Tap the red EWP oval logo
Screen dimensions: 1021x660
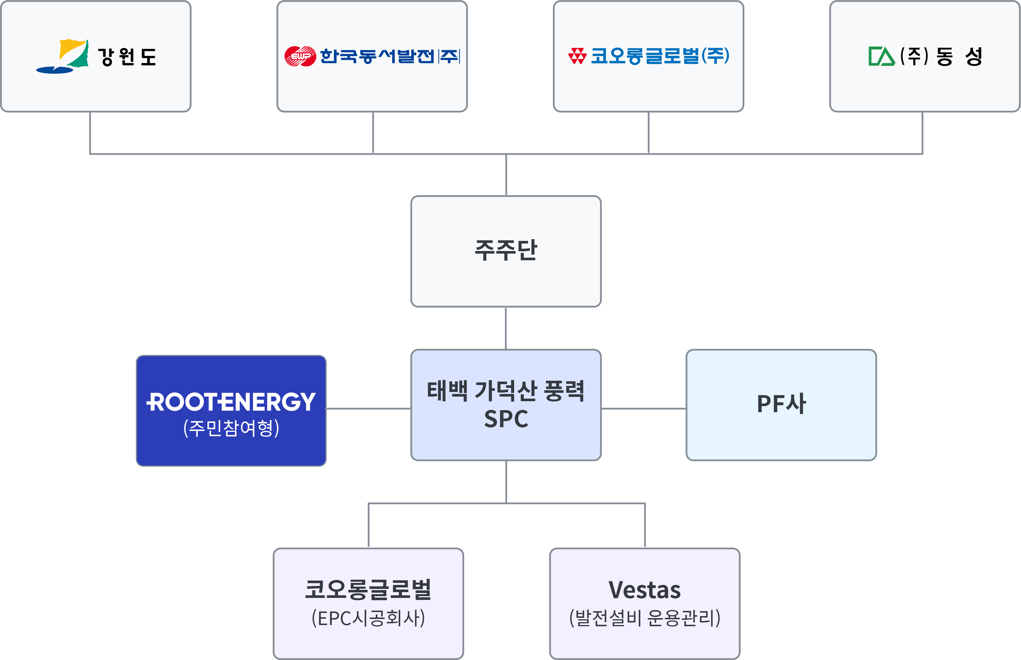pos(300,56)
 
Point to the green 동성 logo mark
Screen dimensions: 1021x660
pos(882,56)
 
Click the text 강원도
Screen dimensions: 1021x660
pos(127,57)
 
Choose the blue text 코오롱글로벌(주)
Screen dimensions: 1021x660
pos(660,56)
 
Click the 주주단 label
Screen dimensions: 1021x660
pos(506,250)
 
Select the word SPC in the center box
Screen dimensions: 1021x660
pos(506,419)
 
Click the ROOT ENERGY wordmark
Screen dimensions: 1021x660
pos(231,402)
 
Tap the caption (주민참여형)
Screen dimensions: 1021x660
pos(231,428)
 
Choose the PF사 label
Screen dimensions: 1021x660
pos(781,404)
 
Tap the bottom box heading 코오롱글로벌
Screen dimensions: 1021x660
pos(368,590)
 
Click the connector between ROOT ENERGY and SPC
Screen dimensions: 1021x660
pos(368,408)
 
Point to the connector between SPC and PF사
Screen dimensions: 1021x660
pos(643,408)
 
